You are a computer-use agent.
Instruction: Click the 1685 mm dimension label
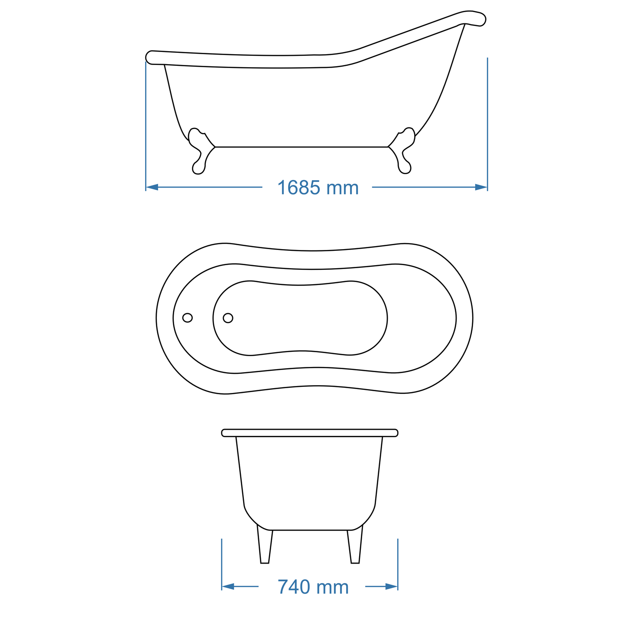318,188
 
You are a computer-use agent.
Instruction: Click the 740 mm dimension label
313,587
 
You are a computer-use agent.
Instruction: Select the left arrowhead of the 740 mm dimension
228,587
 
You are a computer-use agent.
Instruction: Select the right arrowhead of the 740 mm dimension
392,587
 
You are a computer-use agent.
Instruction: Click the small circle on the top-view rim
187,318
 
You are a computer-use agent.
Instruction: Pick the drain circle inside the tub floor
228,318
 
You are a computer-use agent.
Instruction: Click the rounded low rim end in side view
152,57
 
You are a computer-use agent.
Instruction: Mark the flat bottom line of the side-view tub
302,147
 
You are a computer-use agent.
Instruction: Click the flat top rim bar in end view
309,433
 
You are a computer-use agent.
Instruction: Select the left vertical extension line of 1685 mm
146,126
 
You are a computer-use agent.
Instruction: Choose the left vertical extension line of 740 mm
222,563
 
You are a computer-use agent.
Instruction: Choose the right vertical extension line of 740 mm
398,563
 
